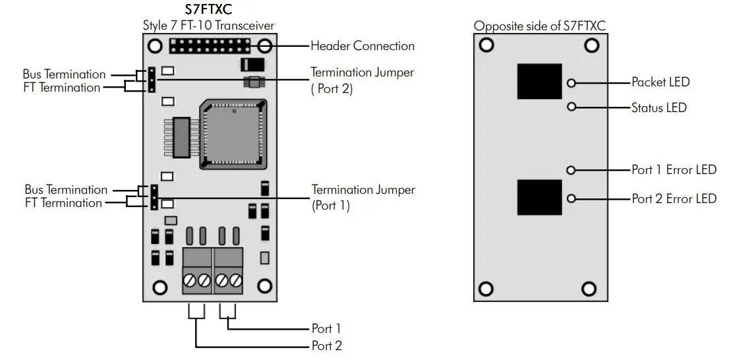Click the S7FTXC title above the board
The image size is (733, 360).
pos(209,10)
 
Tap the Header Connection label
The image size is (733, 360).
pos(363,46)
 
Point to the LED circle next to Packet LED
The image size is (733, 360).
pos(572,83)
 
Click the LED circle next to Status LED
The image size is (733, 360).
pos(572,106)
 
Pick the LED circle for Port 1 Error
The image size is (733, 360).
pos(572,170)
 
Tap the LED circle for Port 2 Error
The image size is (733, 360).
pos(572,198)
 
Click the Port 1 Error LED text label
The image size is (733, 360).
pos(674,170)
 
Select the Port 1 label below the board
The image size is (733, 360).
pos(326,328)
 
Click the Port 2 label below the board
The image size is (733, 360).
pos(326,345)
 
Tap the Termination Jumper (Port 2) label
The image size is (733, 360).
pos(363,80)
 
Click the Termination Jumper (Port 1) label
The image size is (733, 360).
pos(363,197)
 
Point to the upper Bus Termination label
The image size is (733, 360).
pos(64,75)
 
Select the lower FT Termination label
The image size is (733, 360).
pos(63,203)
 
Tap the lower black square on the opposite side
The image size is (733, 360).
pos(539,198)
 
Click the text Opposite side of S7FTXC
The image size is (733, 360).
pos(539,26)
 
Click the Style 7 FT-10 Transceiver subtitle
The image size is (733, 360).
pos(209,26)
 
